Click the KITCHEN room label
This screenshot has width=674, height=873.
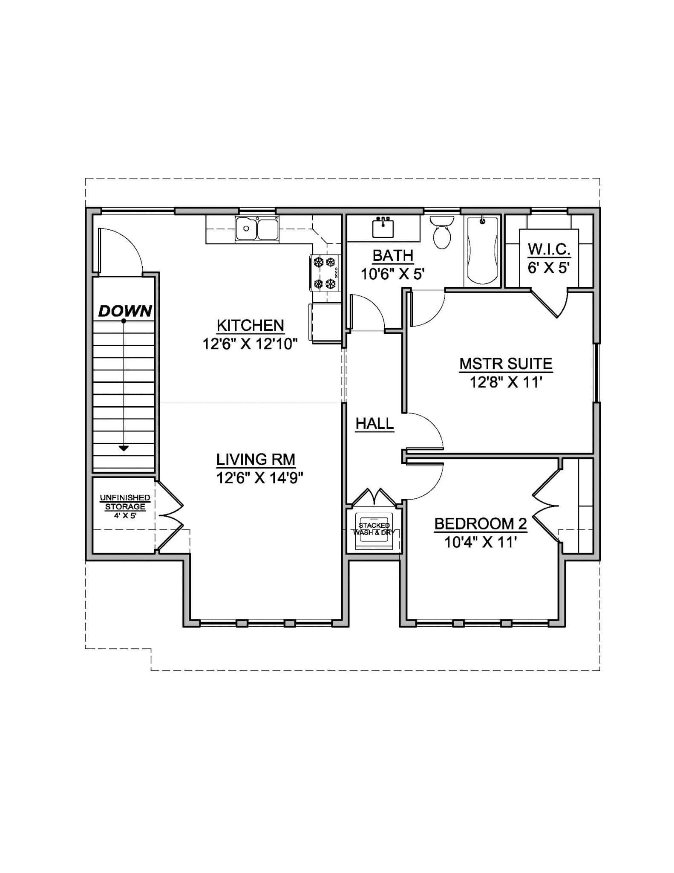[250, 326]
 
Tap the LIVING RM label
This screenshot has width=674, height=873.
[256, 460]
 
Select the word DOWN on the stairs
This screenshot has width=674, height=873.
[125, 311]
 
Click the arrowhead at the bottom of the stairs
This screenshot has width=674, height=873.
[124, 448]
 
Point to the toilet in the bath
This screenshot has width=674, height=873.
[442, 233]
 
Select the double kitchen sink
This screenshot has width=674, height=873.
[257, 229]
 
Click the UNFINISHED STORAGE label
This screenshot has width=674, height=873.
[125, 502]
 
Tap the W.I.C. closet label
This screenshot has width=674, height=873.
[549, 249]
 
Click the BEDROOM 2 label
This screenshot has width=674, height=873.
[481, 523]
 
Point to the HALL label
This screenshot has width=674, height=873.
[374, 424]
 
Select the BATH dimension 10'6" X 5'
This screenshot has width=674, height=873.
[393, 274]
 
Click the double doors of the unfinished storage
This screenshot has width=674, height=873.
[170, 516]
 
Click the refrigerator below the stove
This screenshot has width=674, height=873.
[326, 323]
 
